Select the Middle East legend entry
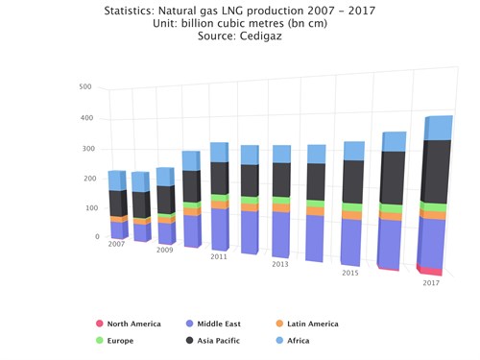point(222,324)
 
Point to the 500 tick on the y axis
point(85,87)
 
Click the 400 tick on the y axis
point(85,118)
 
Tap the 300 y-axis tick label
point(85,149)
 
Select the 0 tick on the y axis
point(96,236)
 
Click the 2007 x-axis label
point(116,245)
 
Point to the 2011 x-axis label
point(219,257)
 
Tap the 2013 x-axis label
point(279,264)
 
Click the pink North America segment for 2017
point(431,271)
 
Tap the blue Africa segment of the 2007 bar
point(117,180)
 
